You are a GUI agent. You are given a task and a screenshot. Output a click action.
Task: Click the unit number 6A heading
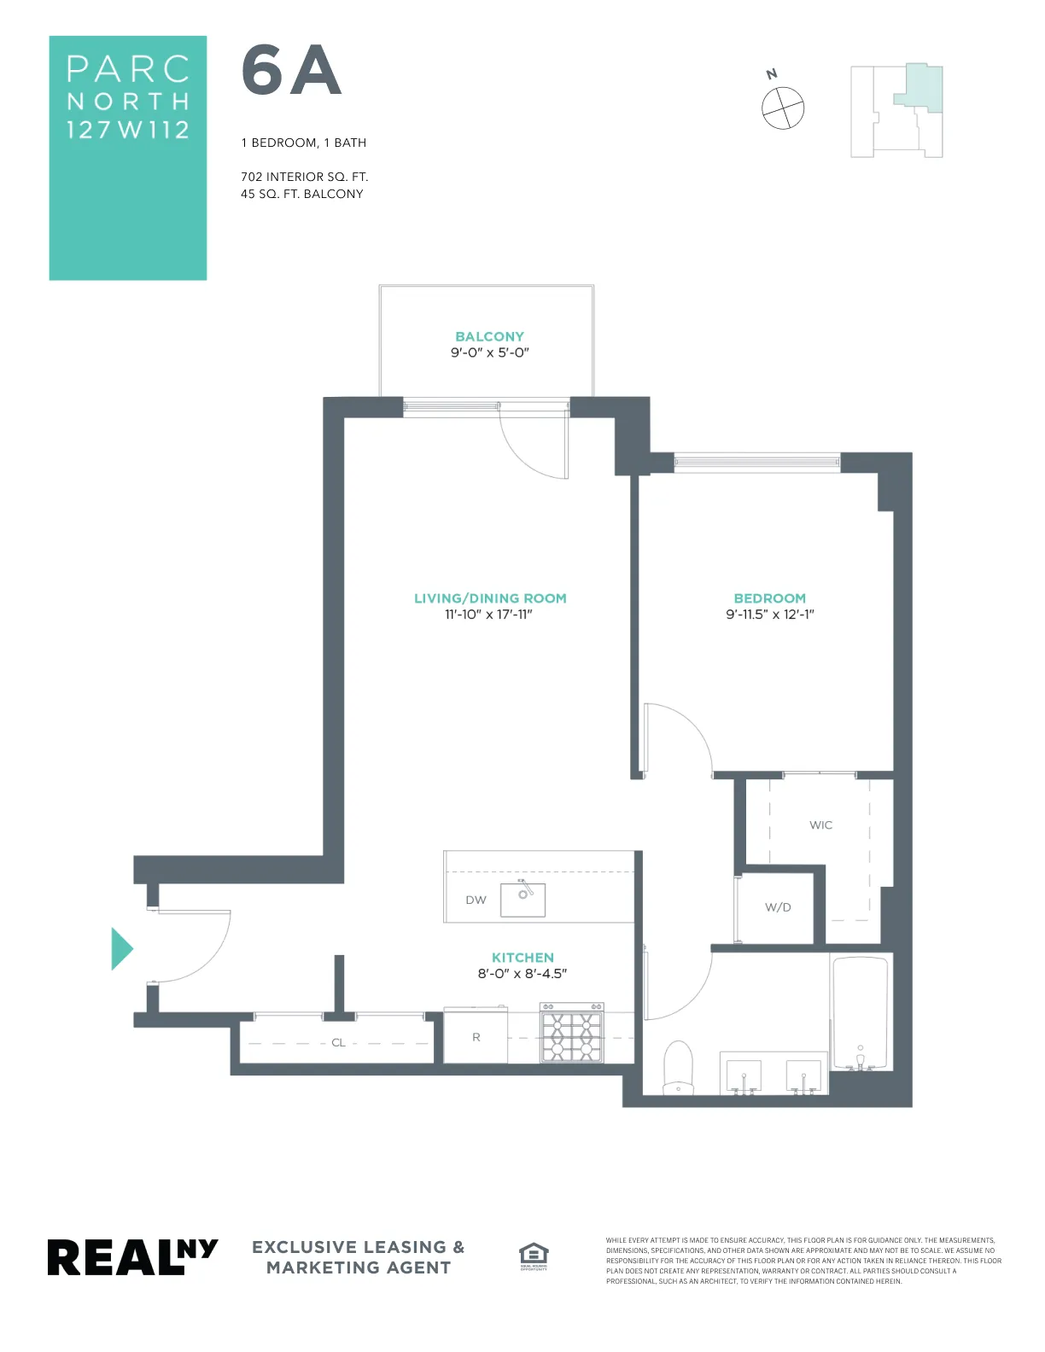291,71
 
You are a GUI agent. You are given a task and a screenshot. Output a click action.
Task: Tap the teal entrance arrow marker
121,948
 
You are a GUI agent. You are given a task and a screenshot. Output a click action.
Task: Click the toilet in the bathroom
679,1067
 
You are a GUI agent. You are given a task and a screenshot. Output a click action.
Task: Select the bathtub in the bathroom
860,1013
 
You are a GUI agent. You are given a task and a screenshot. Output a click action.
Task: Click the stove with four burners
571,1034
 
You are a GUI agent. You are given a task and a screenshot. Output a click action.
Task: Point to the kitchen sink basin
522,899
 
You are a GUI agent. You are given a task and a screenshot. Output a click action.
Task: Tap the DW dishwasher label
476,900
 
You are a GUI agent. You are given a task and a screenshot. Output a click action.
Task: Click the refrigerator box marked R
476,1037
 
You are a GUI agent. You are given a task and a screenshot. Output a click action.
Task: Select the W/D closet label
778,907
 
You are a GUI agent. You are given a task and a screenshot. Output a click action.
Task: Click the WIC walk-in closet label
820,825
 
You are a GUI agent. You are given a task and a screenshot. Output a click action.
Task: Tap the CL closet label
338,1042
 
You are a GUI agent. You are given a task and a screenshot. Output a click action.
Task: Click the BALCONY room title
489,336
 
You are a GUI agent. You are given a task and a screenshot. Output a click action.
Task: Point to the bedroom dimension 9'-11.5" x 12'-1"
770,615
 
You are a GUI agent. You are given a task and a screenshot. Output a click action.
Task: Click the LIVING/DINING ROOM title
490,598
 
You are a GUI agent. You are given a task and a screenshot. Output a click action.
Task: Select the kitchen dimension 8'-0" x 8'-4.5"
522,973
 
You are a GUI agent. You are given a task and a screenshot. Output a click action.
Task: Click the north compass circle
783,108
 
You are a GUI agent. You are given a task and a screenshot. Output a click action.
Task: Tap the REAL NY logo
132,1257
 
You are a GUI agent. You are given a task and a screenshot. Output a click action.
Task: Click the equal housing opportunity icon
534,1256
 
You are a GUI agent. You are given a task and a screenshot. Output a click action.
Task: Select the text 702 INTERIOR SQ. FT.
304,177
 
